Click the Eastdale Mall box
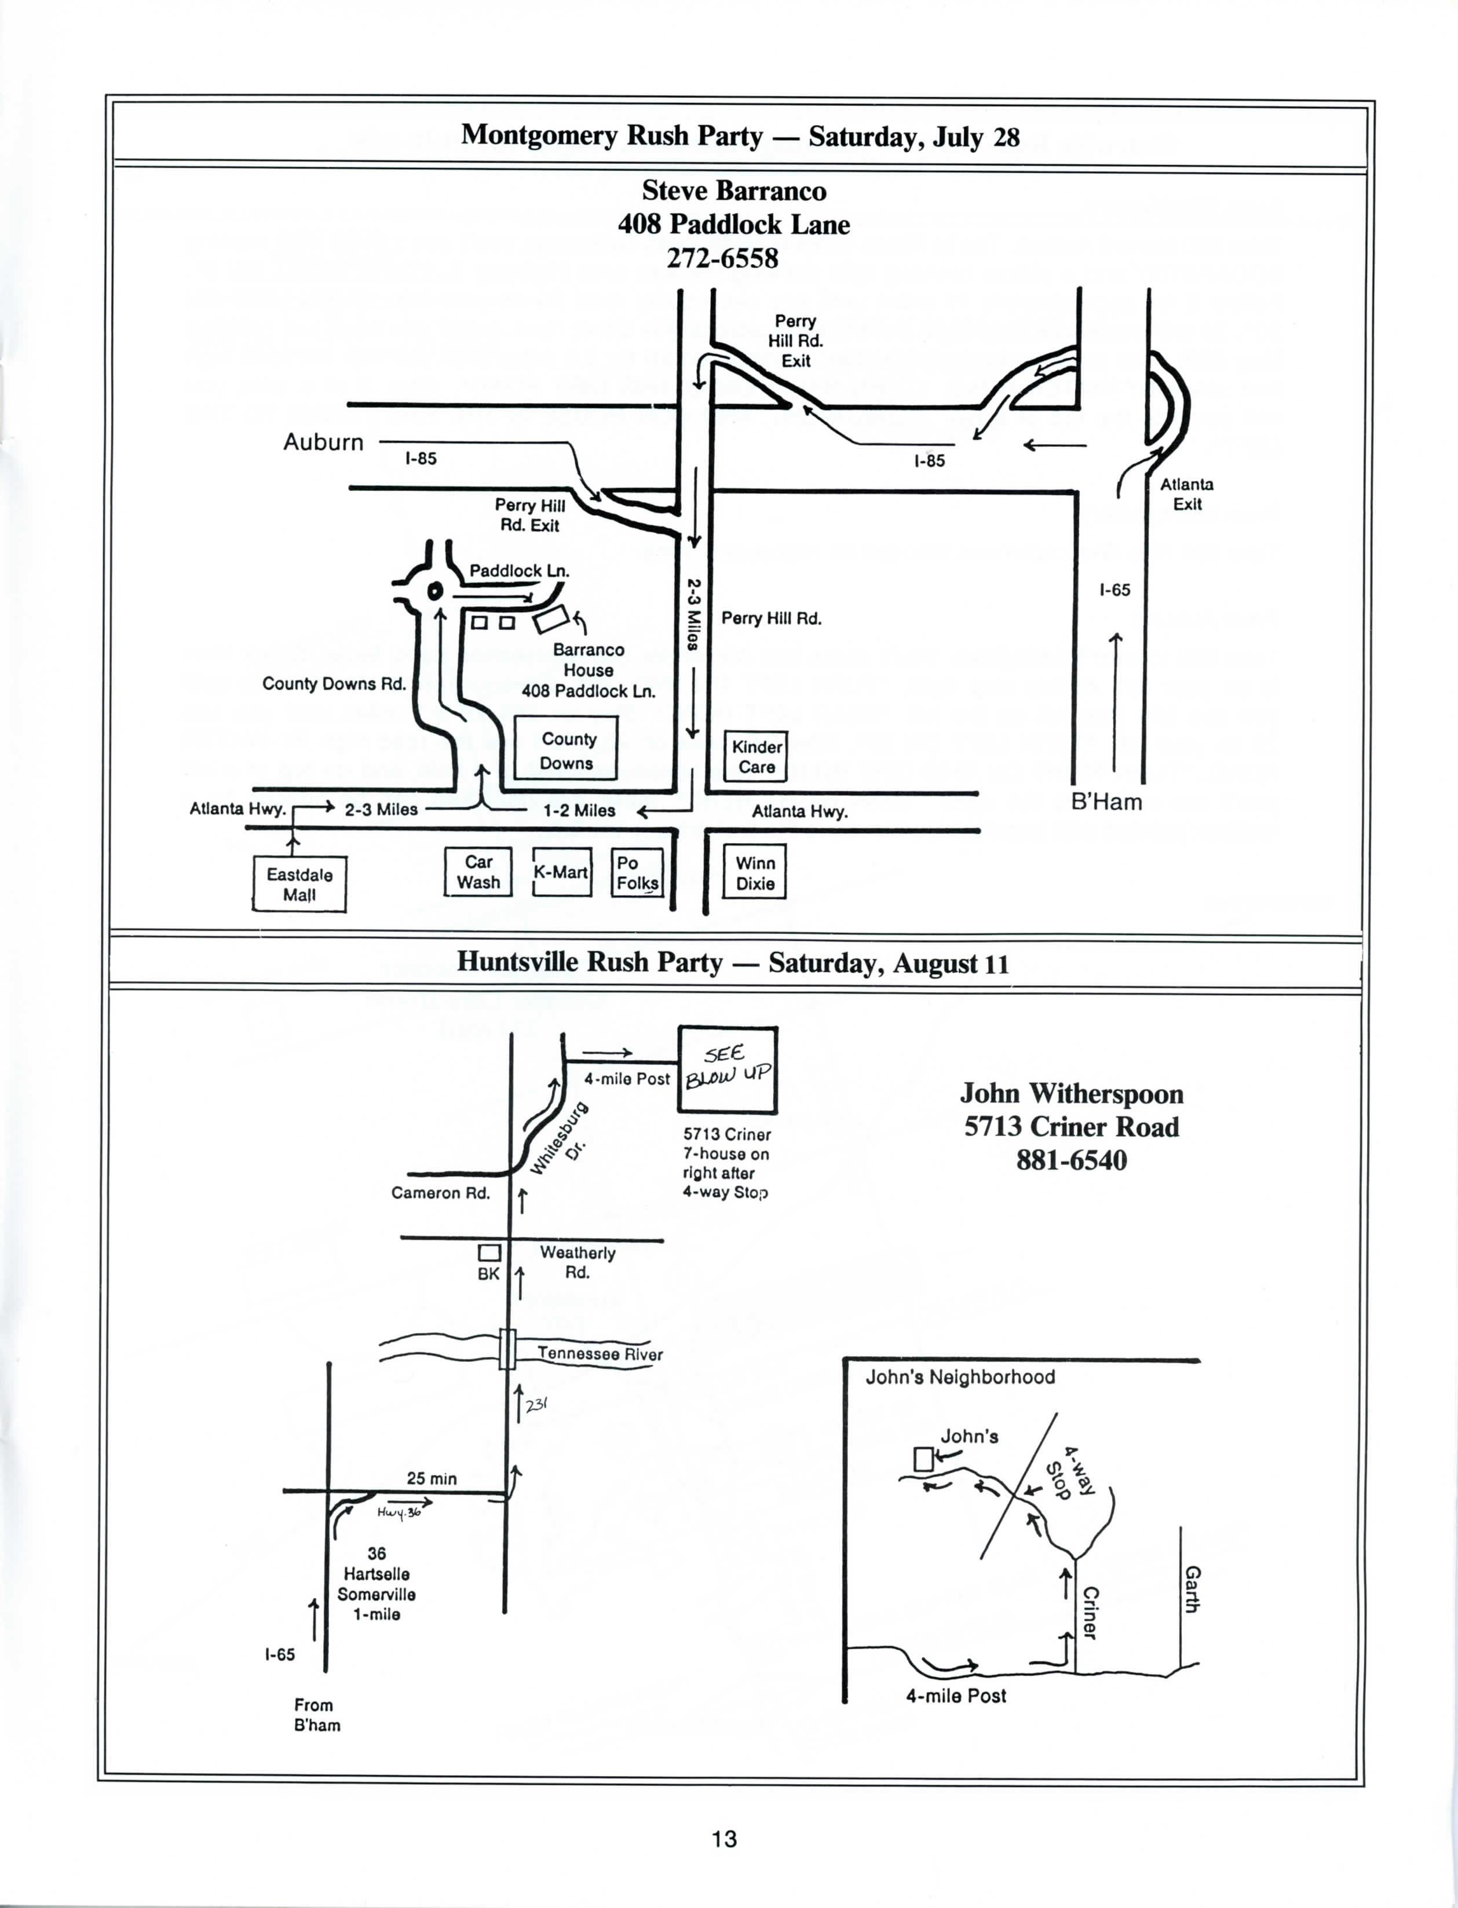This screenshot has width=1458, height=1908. point(299,884)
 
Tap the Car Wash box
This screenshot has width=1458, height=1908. point(478,872)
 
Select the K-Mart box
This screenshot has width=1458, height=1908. point(561,872)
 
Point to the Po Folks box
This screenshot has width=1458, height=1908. point(638,873)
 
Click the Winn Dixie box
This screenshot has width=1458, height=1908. point(755,873)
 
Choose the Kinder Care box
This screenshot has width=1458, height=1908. point(757,757)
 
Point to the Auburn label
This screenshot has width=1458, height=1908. point(324,442)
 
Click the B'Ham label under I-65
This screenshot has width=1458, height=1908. point(1106,802)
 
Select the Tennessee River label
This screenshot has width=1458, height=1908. point(600,1354)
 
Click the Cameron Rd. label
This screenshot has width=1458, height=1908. point(441,1193)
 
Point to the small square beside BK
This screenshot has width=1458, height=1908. point(489,1253)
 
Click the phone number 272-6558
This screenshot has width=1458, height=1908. point(722,259)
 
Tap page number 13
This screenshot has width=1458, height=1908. point(725,1838)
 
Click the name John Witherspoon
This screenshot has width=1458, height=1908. point(1072,1093)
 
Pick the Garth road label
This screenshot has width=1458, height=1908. point(1193,1589)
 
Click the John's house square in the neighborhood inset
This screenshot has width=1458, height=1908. point(923,1459)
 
